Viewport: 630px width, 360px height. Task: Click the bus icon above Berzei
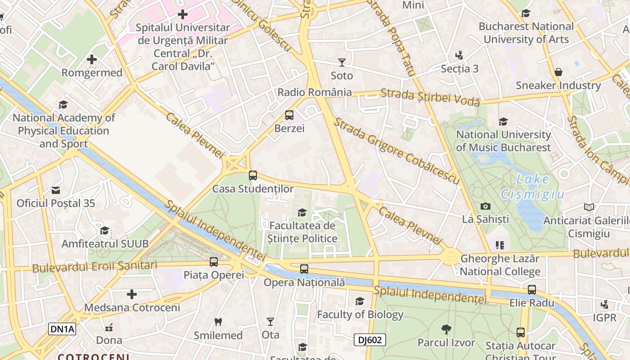(289, 115)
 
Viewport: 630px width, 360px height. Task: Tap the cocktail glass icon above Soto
(342, 63)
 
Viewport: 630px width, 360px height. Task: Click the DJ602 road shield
(369, 340)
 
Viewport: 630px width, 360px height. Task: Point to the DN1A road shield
(62, 329)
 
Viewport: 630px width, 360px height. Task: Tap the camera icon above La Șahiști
(486, 206)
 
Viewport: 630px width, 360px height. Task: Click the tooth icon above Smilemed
(218, 322)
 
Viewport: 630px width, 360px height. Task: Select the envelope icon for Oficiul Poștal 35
(56, 190)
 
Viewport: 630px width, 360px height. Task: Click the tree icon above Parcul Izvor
(446, 329)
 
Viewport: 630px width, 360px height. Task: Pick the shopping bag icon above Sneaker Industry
(558, 72)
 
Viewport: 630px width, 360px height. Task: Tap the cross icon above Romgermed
(92, 59)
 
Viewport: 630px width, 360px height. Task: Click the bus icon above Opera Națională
(304, 269)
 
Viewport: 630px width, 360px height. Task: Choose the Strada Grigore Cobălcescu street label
(396, 151)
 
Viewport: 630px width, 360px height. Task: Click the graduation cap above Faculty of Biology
(360, 301)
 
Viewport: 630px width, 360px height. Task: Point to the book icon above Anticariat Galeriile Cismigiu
(589, 207)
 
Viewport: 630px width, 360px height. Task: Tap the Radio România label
(315, 92)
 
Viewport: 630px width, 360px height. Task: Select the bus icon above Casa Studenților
(253, 175)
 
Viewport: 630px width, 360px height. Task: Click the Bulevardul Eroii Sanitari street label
(94, 266)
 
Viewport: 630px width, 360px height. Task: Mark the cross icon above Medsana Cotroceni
(132, 294)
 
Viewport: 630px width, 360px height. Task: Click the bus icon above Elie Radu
(532, 289)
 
